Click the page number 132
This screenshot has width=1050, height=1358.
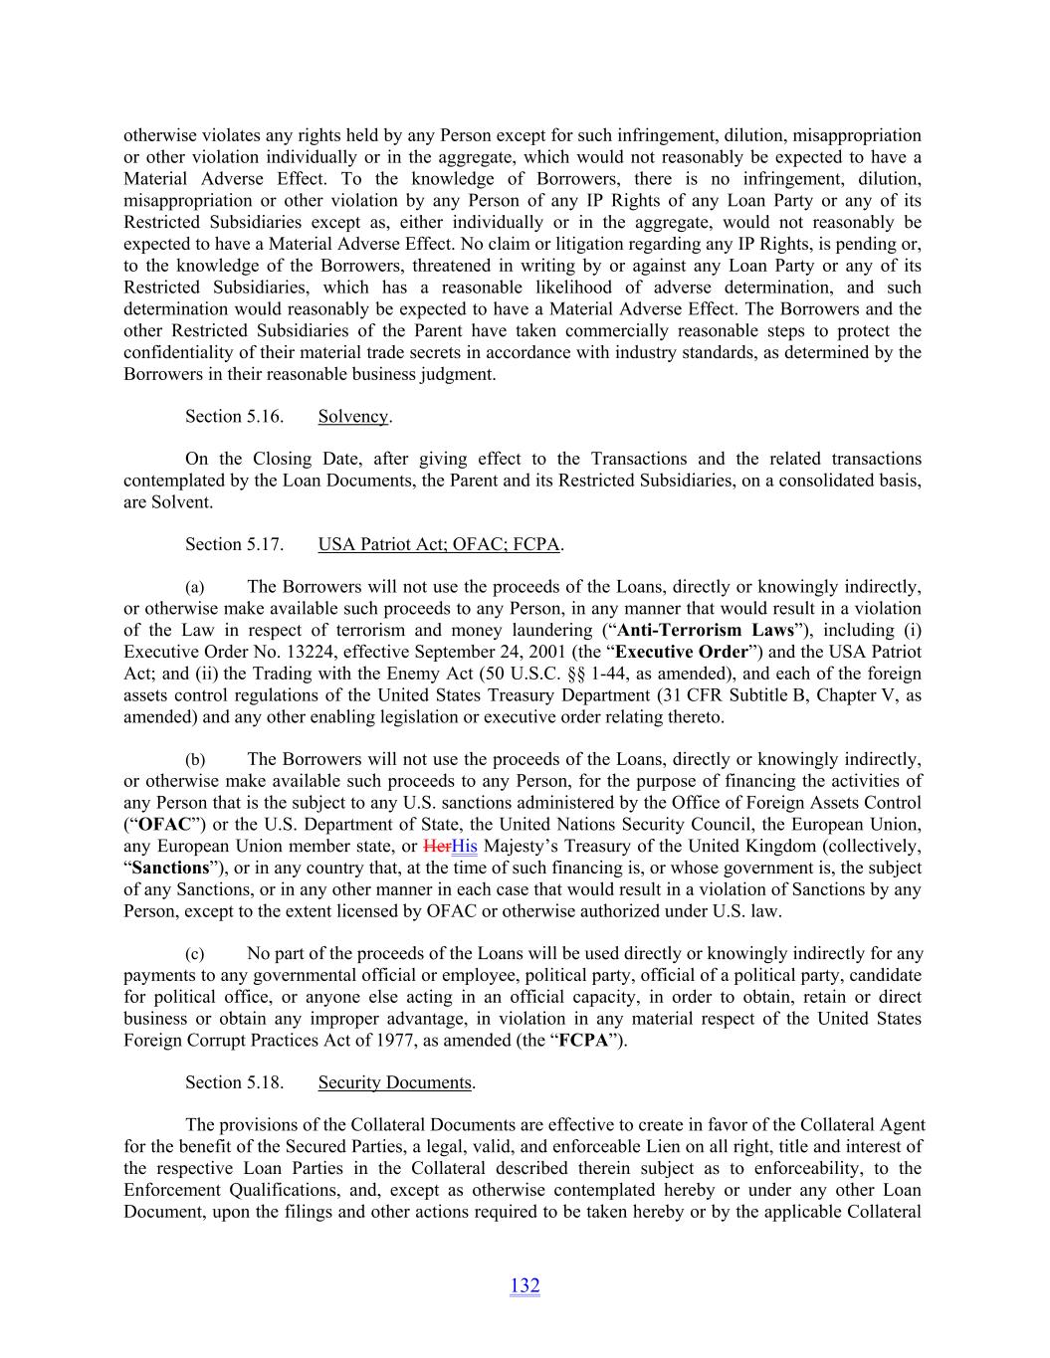[x=525, y=1285]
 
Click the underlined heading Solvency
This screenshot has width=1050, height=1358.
[x=352, y=417]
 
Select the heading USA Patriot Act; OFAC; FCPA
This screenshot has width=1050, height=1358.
[x=439, y=544]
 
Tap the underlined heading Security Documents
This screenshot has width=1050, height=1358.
[x=394, y=1082]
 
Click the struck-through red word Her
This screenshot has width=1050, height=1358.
[x=437, y=847]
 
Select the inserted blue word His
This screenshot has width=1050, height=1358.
[x=464, y=847]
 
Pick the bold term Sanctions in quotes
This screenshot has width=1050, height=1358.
[x=170, y=869]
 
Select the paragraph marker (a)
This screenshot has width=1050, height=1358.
[x=196, y=588]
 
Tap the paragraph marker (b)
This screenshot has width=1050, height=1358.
[x=196, y=760]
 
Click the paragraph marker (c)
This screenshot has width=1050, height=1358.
[x=196, y=954]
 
